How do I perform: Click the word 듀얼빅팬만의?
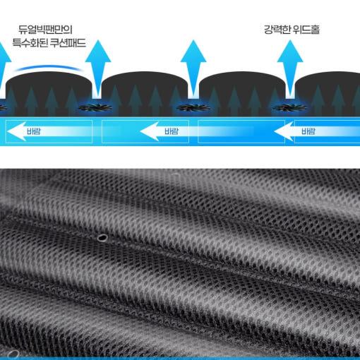pos(45,30)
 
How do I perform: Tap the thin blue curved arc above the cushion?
pos(49,67)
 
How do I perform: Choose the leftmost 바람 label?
pos(34,131)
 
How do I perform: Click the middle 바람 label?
pos(172,131)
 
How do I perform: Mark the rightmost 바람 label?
pos(308,131)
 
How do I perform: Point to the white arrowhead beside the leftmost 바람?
pos(16,131)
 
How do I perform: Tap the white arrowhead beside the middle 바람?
pos(150,131)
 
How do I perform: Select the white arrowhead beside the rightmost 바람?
pos(284,131)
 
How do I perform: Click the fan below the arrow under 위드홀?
pos(290,108)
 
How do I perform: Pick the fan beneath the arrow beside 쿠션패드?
pos(95,108)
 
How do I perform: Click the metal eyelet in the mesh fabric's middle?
pos(102,238)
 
